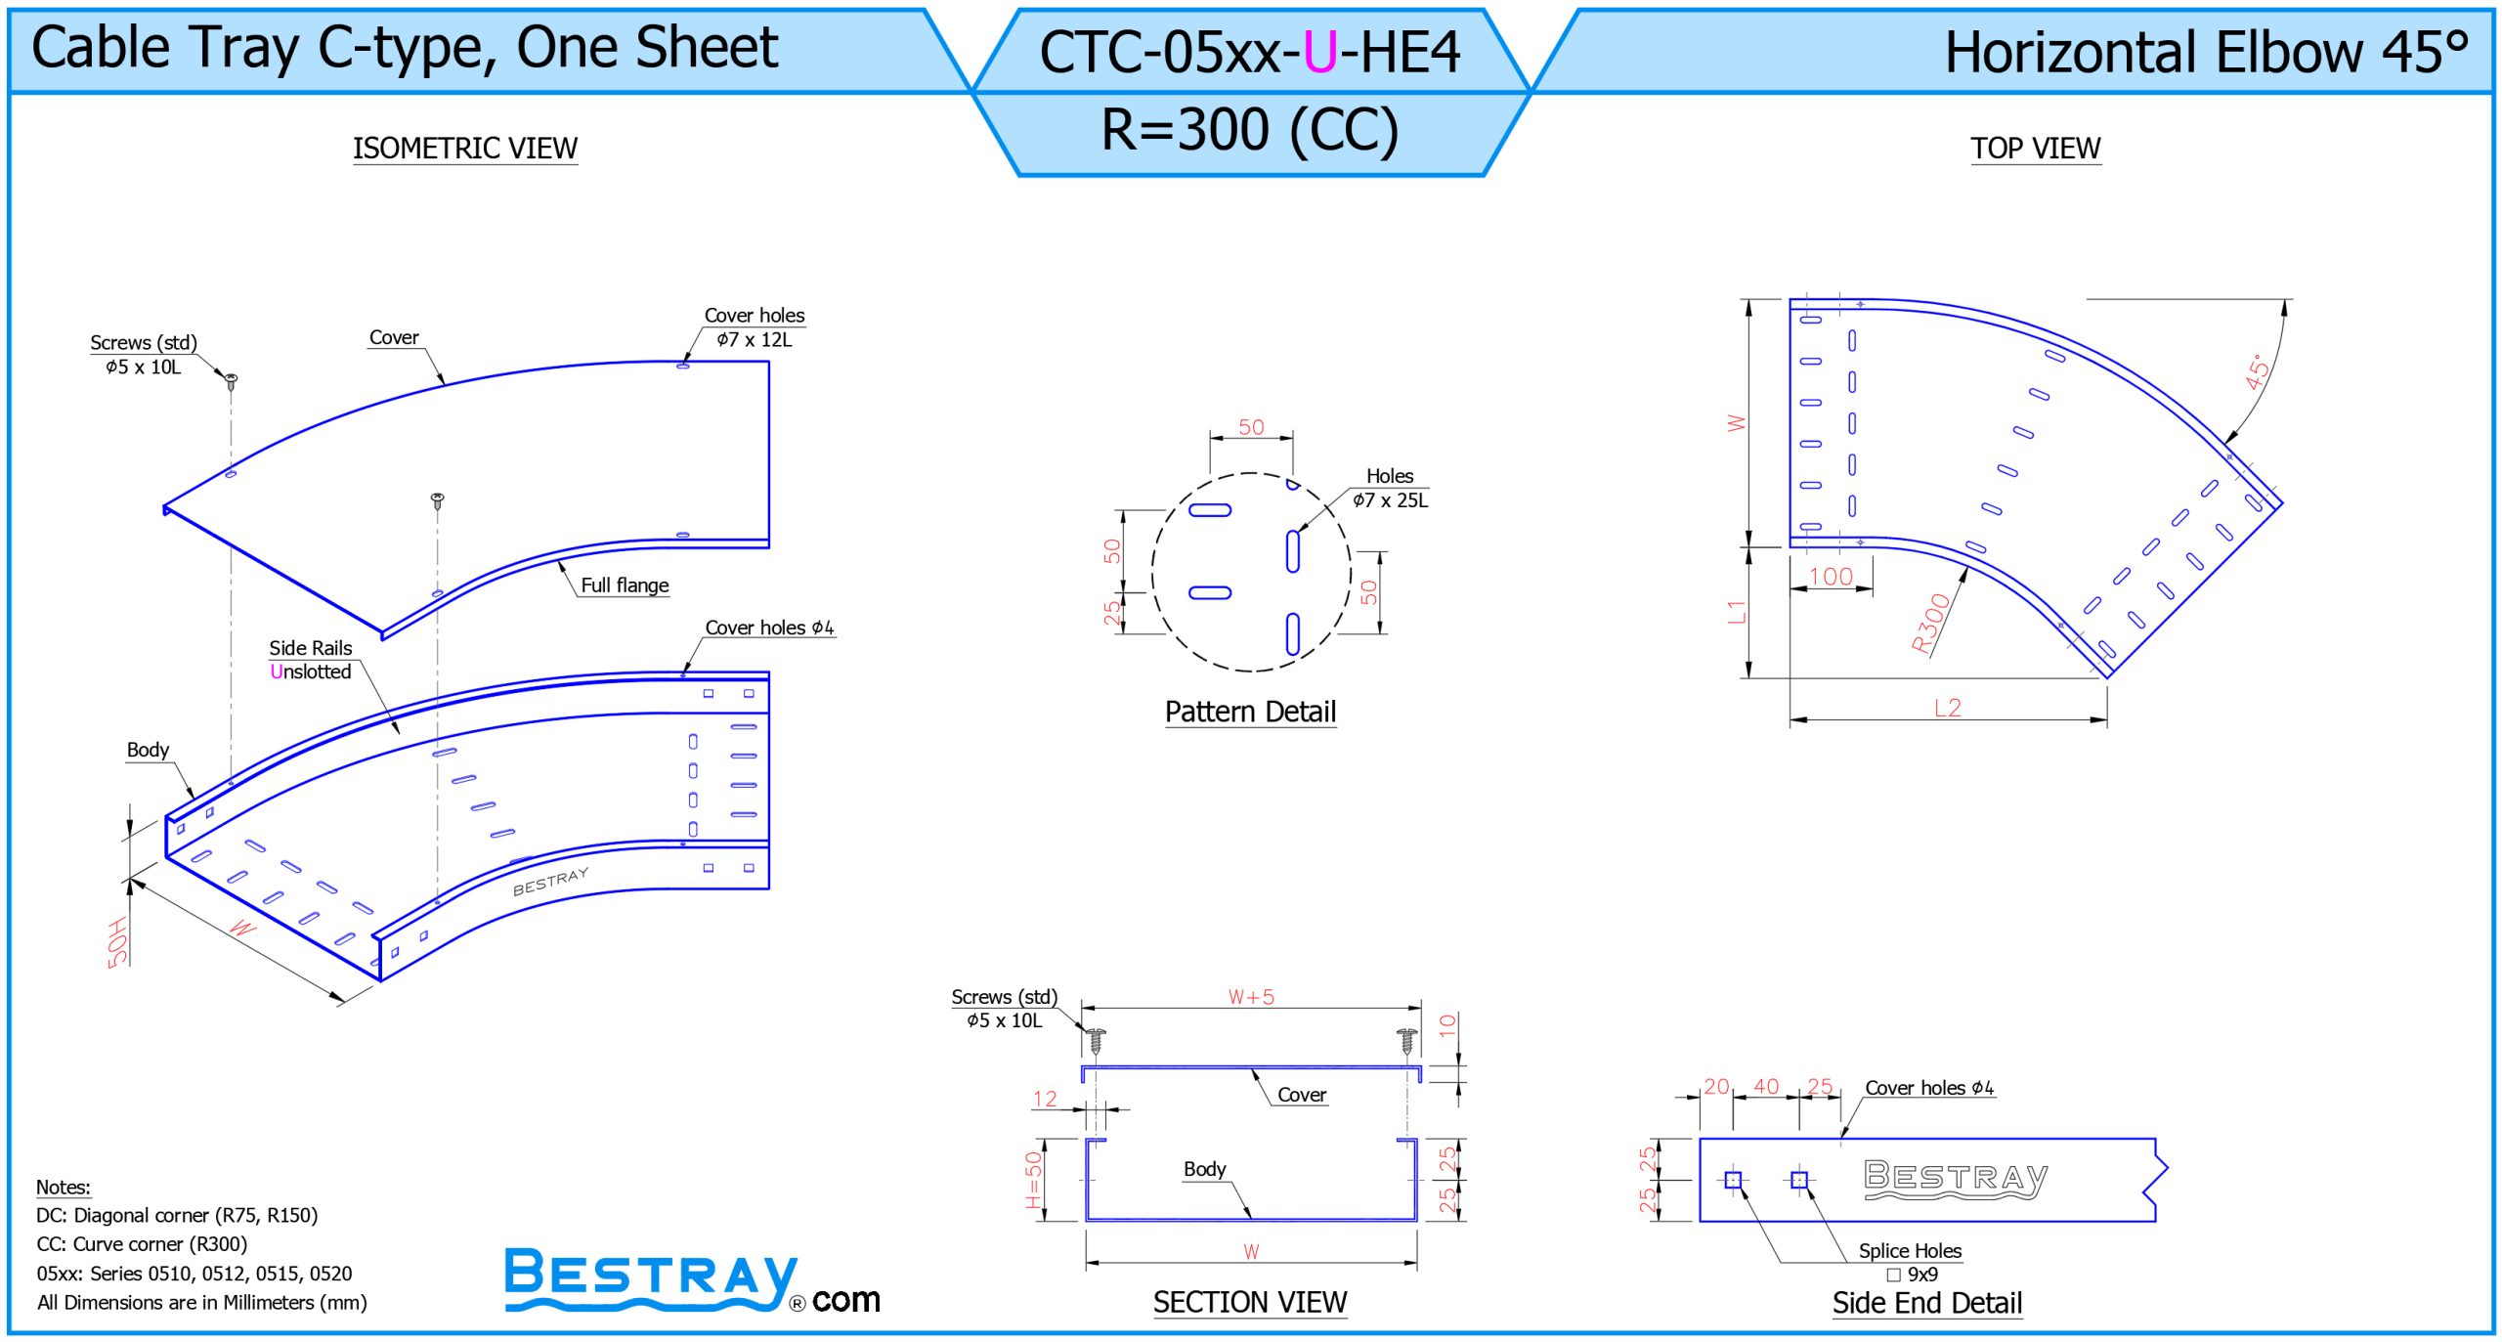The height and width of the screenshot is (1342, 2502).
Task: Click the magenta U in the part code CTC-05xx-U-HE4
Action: point(1320,52)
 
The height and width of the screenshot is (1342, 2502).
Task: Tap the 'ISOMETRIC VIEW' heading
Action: point(465,149)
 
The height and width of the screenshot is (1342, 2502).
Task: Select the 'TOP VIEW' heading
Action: point(2035,149)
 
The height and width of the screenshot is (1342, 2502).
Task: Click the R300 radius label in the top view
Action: point(1930,624)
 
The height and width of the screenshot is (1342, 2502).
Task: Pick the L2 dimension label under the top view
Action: point(1948,708)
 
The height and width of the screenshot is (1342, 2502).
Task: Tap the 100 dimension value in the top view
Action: point(1831,577)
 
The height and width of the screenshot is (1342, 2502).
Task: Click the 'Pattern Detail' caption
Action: point(1250,712)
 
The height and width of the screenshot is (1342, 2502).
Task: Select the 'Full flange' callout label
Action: point(625,585)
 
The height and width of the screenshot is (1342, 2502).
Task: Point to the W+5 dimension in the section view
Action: point(1251,997)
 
